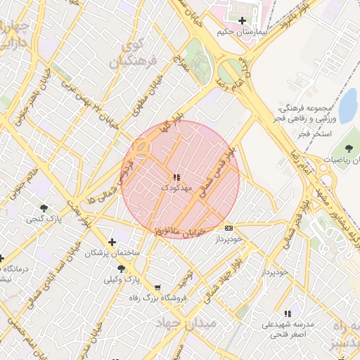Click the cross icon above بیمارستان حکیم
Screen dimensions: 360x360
coord(243,21)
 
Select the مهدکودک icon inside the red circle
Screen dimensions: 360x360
coord(175,177)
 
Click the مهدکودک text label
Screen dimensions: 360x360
coord(175,189)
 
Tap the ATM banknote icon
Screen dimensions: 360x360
coord(229,228)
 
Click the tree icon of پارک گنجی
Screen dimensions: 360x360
coord(44,207)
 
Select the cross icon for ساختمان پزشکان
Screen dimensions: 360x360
coord(112,242)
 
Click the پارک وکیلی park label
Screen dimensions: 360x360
coord(122,280)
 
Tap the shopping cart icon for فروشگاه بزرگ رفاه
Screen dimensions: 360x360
coord(157,287)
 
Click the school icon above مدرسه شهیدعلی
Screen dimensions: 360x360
coord(287,314)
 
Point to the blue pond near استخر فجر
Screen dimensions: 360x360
coord(347,105)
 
